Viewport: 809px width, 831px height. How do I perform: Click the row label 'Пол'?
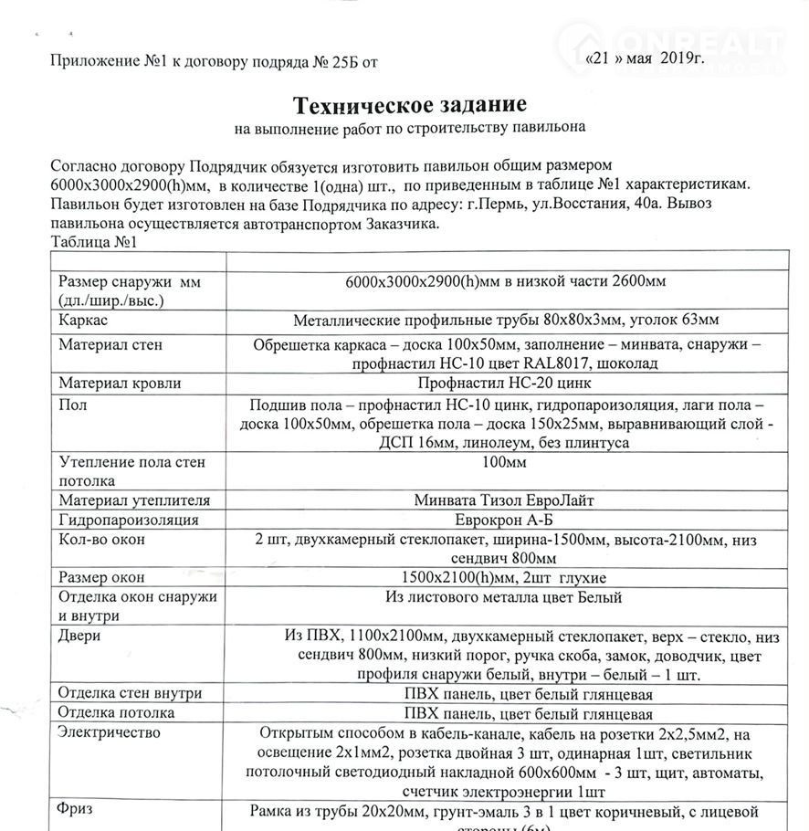tap(73, 405)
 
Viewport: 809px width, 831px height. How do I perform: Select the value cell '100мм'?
tap(504, 464)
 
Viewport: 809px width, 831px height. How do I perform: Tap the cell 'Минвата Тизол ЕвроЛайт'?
tap(505, 500)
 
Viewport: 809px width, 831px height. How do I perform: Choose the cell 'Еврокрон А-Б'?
tap(505, 520)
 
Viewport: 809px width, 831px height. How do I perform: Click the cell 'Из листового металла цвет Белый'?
tap(504, 598)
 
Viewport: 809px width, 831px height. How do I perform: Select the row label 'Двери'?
tap(79, 636)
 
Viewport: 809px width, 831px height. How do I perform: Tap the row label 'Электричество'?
tap(109, 732)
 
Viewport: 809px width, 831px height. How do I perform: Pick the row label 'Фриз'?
tap(77, 810)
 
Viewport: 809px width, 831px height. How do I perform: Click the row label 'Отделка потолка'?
tap(116, 712)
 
